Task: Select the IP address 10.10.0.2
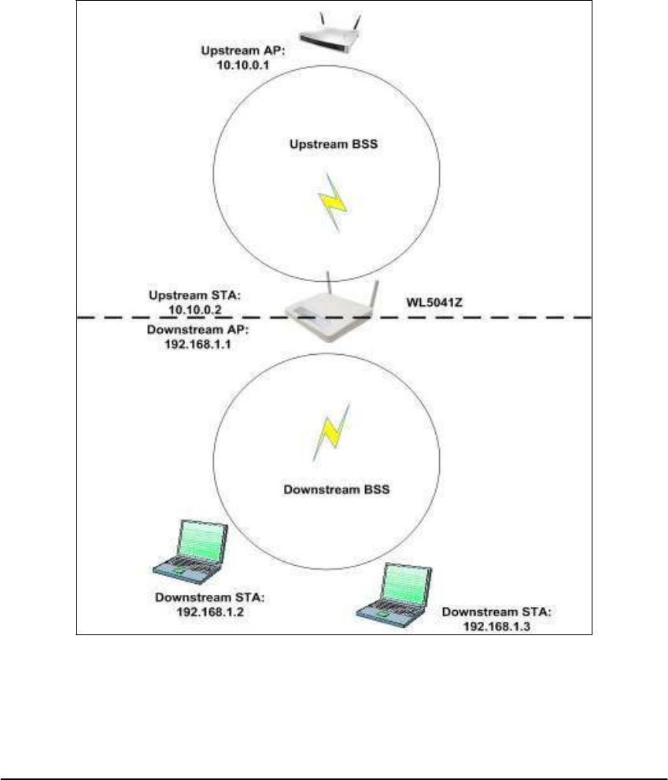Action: click(192, 310)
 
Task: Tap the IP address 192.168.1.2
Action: click(210, 609)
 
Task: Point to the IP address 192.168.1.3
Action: click(498, 625)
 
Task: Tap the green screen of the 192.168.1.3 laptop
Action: click(405, 584)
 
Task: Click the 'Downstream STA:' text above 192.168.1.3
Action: click(497, 612)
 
